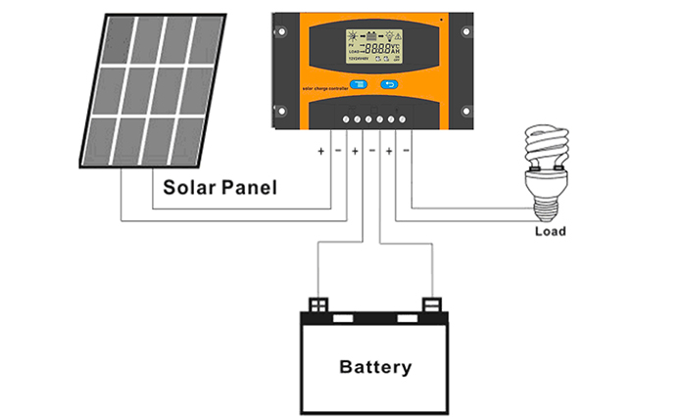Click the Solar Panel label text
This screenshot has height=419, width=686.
click(220, 186)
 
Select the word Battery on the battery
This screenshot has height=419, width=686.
click(375, 368)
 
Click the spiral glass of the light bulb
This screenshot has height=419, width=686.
click(541, 152)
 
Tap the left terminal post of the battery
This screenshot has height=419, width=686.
click(318, 304)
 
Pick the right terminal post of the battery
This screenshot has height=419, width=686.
click(431, 304)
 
